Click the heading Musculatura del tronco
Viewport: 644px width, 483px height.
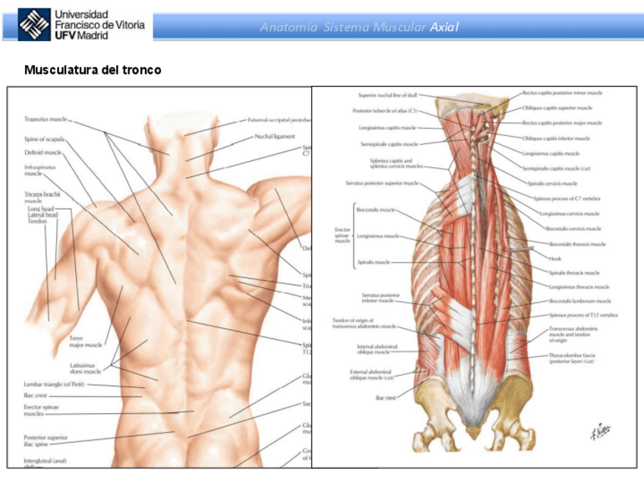click(93, 70)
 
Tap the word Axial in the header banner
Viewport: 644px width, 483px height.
click(444, 27)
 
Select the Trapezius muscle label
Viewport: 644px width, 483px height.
click(46, 119)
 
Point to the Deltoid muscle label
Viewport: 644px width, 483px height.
click(43, 152)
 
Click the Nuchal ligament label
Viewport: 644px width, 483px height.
click(274, 137)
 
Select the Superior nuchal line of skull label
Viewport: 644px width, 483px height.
click(387, 95)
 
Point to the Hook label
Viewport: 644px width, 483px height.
click(554, 257)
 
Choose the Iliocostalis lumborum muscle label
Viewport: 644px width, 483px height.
click(579, 301)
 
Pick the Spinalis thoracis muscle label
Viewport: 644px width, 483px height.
click(573, 272)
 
